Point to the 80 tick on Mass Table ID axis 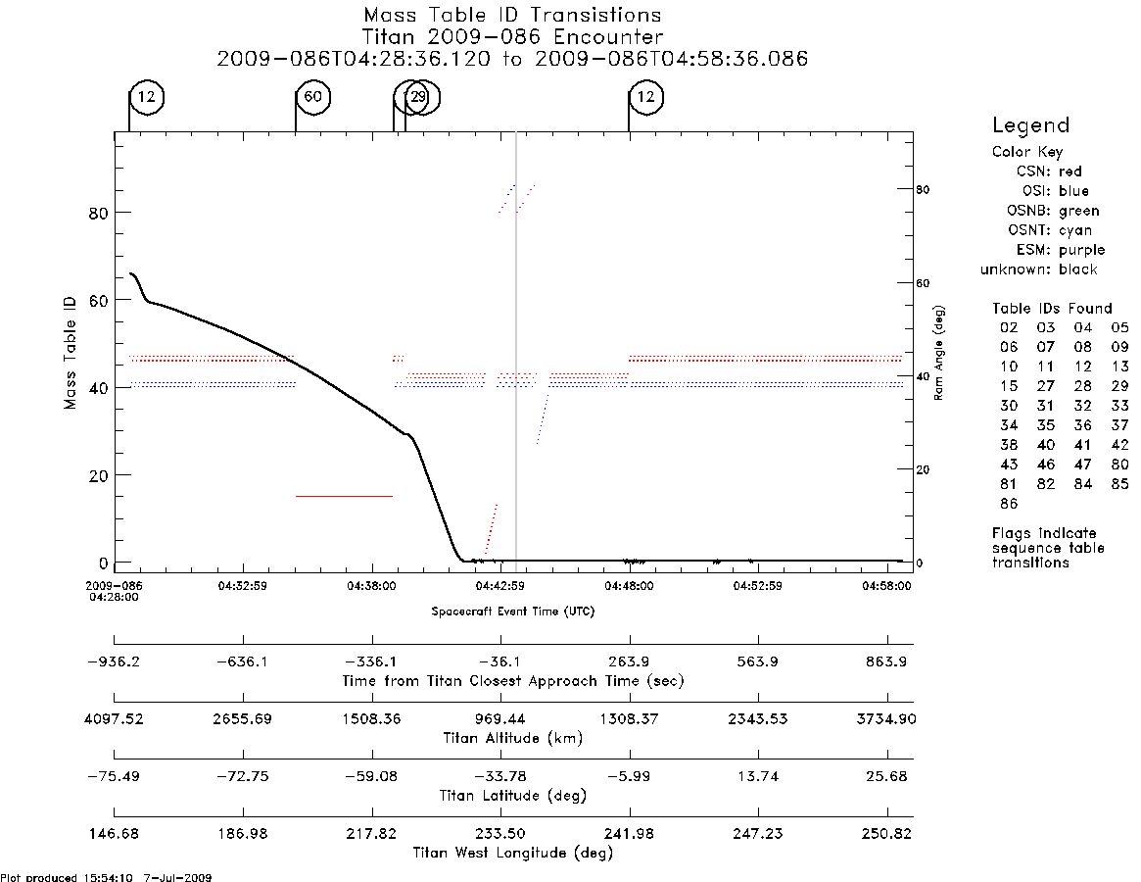(x=98, y=213)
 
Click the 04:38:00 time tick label (x=371, y=586)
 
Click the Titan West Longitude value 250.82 (x=886, y=833)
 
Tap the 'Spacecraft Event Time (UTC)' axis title (x=513, y=612)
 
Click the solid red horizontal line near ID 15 (x=344, y=496)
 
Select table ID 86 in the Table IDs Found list (x=1009, y=504)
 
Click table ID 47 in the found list (x=1083, y=464)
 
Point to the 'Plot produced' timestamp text (x=106, y=877)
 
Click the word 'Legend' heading (x=1030, y=125)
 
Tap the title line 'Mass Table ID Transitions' (x=512, y=15)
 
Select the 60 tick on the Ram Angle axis (x=923, y=282)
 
